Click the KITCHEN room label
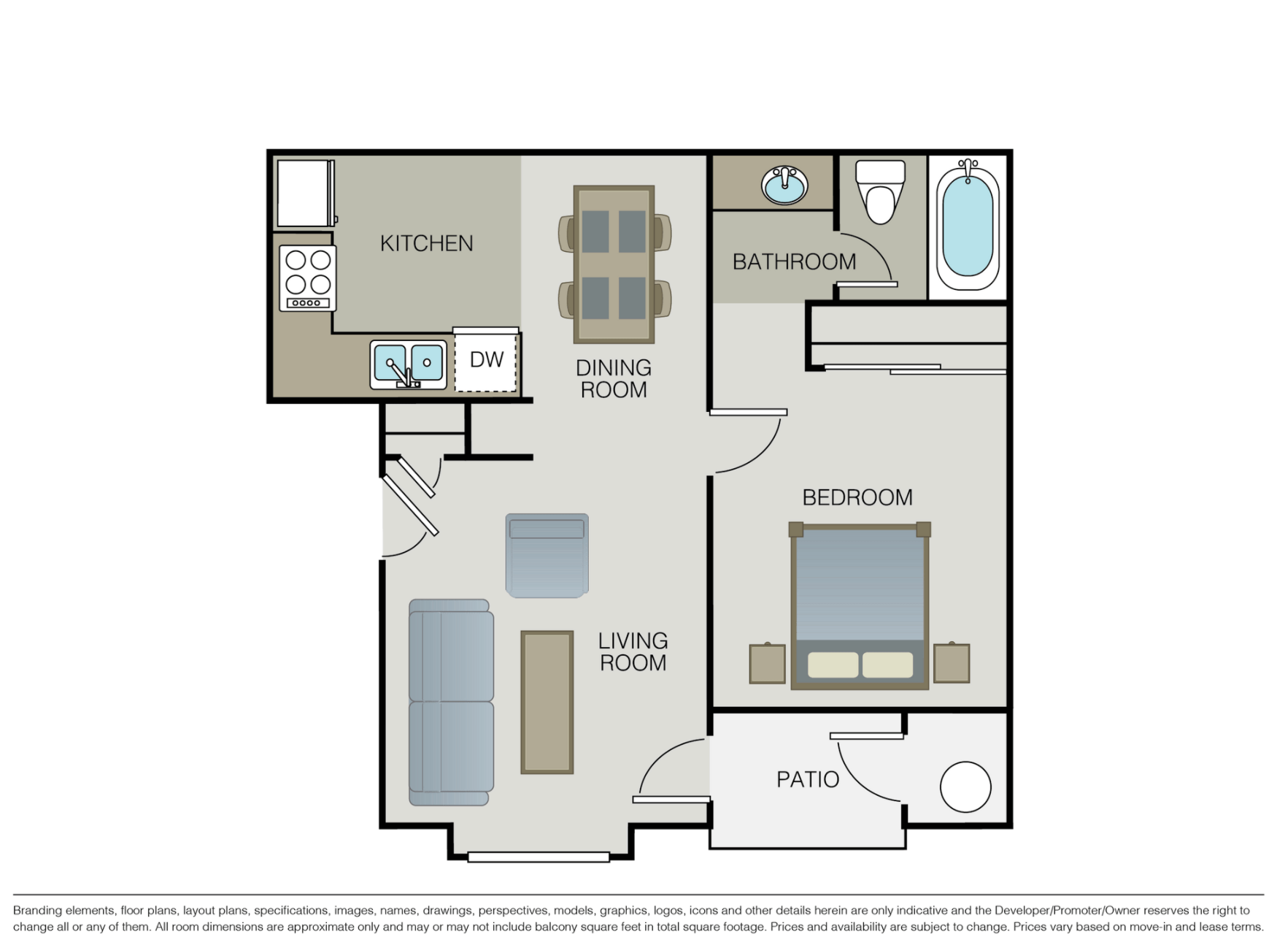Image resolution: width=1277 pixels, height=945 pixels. [x=426, y=243]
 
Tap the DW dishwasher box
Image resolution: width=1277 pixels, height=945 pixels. [x=486, y=360]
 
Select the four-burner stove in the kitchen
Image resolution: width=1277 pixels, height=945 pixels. [x=307, y=278]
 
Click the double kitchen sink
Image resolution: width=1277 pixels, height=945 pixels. [x=408, y=364]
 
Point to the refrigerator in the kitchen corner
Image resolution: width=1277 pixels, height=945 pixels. [x=305, y=194]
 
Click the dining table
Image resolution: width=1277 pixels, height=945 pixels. [x=614, y=264]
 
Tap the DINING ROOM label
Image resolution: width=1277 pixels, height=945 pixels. [x=613, y=378]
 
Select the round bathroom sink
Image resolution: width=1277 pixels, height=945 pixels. [x=784, y=185]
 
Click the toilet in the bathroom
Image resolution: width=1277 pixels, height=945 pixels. [x=880, y=192]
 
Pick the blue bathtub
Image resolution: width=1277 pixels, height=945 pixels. [x=968, y=227]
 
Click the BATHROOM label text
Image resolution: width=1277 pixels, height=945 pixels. [x=794, y=261]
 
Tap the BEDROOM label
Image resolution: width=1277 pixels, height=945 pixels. [x=857, y=497]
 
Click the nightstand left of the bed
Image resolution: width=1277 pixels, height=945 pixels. [x=768, y=664]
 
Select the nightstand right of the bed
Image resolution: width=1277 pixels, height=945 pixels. [x=952, y=663]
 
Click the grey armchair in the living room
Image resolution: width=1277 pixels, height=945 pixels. [x=547, y=556]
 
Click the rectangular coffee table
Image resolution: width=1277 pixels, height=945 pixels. [x=547, y=702]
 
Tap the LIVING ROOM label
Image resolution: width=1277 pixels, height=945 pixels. [x=633, y=651]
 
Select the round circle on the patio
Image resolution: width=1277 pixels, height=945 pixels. [x=965, y=787]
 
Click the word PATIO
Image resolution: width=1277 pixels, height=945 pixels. [x=807, y=780]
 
